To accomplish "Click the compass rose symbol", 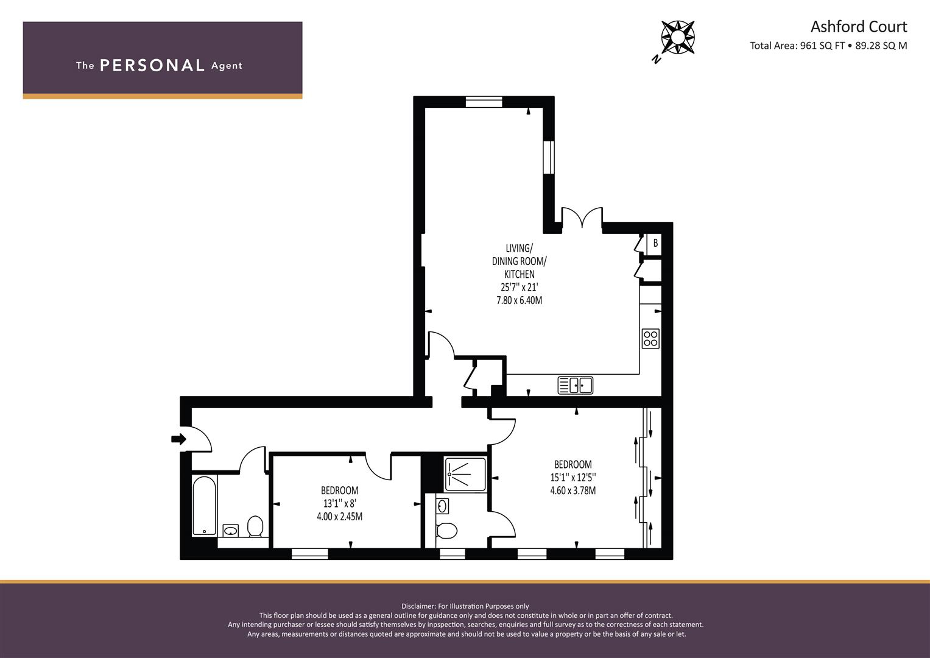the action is tap(678, 38).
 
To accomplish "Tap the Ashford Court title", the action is tap(859, 27).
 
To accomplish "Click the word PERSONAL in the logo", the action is tap(152, 65).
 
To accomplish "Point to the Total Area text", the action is tap(828, 46).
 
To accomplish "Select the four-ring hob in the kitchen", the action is tap(650, 338).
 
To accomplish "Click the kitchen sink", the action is tap(575, 385).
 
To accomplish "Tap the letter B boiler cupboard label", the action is tap(655, 242).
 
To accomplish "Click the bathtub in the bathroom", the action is tap(204, 506).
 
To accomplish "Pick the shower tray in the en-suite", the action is tap(465, 474).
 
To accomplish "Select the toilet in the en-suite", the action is tap(446, 531).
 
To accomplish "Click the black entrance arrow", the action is tap(178, 439).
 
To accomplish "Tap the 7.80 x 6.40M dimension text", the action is tap(520, 300).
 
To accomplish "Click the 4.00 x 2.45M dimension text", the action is tap(340, 517).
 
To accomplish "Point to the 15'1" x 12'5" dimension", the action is tap(573, 477).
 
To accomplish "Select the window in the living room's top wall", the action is tap(484, 102).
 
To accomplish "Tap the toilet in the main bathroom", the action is tap(255, 526).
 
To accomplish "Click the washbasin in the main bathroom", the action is tap(230, 531).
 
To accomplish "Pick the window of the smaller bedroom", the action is tap(310, 554).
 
